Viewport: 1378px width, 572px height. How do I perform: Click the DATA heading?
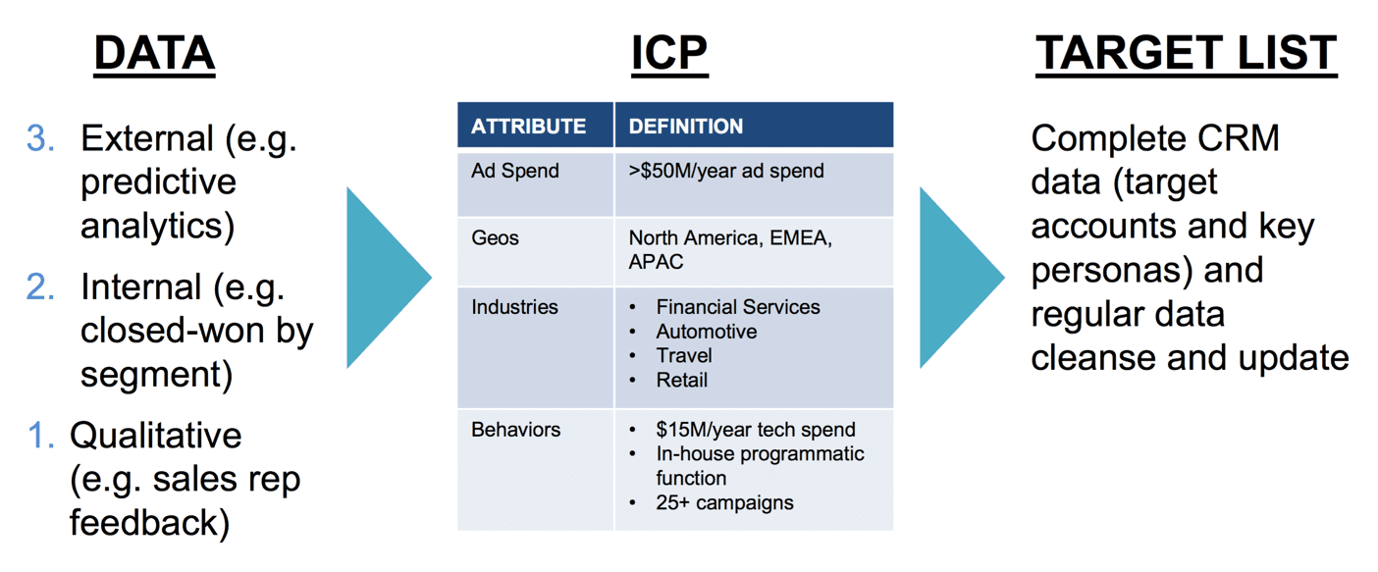(154, 54)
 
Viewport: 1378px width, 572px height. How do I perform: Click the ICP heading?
(670, 54)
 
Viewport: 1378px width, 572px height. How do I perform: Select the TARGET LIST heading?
(1186, 54)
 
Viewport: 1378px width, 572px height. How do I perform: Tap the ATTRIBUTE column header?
(528, 127)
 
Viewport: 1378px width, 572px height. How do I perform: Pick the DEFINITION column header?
(686, 127)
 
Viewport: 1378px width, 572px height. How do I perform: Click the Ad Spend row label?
(515, 171)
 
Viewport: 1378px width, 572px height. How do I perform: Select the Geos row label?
(495, 237)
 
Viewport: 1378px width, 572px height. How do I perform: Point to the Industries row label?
(514, 307)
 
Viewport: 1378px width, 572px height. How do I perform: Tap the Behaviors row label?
(515, 430)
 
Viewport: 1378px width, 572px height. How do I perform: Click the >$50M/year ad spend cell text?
(726, 171)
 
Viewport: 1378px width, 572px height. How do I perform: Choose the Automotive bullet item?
(707, 332)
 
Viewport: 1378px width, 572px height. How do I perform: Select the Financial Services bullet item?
(738, 307)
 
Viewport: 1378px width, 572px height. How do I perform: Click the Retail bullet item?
(681, 380)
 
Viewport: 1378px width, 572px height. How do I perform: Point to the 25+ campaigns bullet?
(724, 503)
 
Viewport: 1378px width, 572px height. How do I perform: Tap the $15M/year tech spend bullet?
(756, 430)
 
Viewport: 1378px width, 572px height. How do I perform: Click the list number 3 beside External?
(40, 137)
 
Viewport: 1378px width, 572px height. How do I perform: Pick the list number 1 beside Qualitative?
(41, 436)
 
